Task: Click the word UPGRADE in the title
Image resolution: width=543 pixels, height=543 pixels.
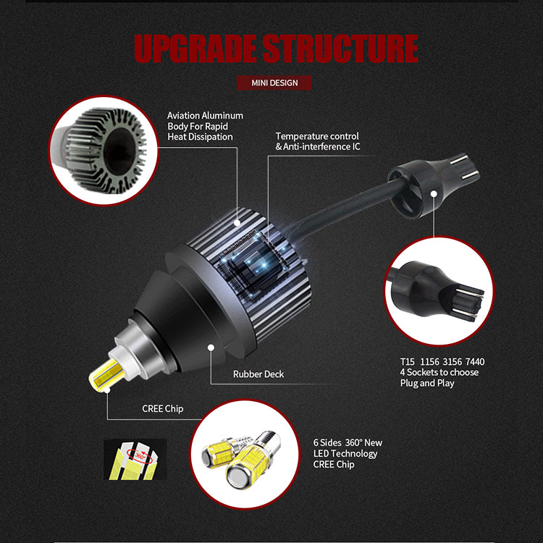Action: coord(194,48)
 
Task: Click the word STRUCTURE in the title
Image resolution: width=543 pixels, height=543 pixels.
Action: coord(340,48)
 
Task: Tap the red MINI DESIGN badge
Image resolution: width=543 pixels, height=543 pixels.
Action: coord(274,83)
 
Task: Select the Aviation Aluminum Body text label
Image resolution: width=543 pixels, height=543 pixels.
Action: coord(205,126)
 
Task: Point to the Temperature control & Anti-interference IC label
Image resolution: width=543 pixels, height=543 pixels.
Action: coord(317,141)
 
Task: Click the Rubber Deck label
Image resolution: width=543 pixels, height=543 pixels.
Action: coord(258,374)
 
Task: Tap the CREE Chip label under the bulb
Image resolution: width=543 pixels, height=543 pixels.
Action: coord(163,409)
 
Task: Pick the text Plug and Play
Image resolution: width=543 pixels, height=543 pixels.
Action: coord(427,383)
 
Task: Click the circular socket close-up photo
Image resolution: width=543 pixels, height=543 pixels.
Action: coord(439,290)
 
